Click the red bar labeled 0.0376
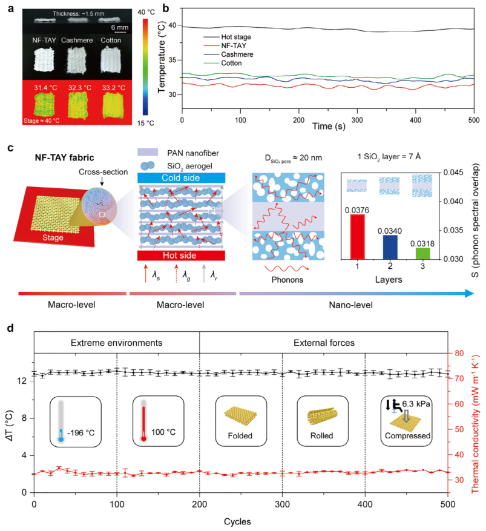358,237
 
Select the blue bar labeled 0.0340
390,247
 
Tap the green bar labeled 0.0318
422,254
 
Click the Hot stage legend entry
227,37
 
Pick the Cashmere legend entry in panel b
228,54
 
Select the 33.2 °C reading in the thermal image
114,88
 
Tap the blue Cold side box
181,178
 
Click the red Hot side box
181,256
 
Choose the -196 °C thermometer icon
61,421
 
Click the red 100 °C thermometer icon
143,421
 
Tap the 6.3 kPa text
416,404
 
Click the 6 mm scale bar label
120,27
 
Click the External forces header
324,343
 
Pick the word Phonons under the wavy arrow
287,280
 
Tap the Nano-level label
350,305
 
